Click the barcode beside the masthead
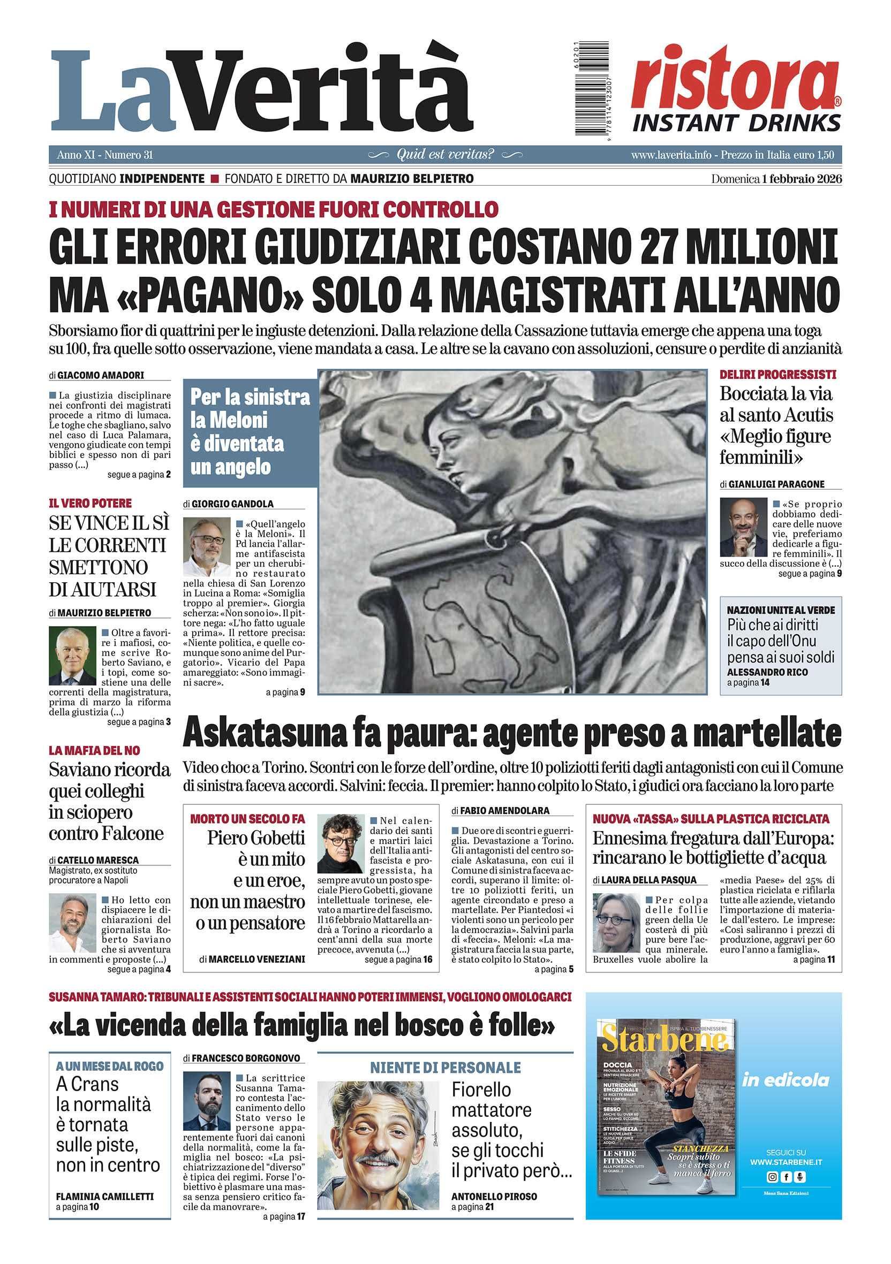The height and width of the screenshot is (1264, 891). (592, 88)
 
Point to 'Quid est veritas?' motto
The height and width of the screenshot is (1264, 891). (445, 155)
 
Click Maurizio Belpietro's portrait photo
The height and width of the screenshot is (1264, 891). (72, 656)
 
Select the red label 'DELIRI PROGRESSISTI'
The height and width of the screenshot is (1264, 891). (777, 375)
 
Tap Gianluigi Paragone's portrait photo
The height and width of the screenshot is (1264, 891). (743, 528)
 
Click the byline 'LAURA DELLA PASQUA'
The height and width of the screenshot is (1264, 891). (648, 880)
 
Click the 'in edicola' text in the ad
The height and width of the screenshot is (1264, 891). (786, 1080)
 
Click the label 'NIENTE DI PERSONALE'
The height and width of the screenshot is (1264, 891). (445, 1068)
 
